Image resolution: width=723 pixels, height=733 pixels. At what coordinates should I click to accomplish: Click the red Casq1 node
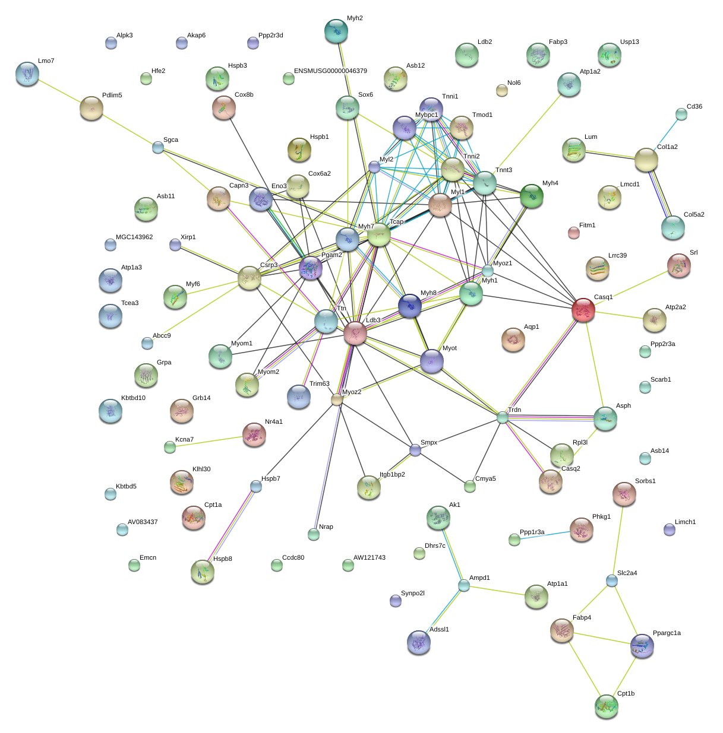(x=583, y=310)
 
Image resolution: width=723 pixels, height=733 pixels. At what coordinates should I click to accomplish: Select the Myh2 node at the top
(x=336, y=31)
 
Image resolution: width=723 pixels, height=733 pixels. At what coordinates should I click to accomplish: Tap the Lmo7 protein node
(x=27, y=74)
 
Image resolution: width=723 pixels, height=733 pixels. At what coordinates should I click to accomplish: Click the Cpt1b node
(x=607, y=706)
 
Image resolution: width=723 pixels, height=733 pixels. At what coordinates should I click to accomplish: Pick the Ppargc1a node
(x=642, y=646)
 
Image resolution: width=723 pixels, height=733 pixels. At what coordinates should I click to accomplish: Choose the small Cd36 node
(x=681, y=115)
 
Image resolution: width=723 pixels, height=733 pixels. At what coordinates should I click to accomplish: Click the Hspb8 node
(x=203, y=572)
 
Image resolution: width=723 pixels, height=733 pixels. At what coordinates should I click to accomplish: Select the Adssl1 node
(x=419, y=642)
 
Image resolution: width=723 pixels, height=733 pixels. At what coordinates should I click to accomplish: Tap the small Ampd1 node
(x=464, y=586)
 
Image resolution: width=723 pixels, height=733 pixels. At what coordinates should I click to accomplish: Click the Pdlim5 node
(x=91, y=108)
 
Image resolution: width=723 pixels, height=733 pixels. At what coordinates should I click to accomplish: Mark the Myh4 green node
(x=532, y=196)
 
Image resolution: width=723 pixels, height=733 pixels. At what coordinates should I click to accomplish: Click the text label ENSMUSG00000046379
(x=330, y=71)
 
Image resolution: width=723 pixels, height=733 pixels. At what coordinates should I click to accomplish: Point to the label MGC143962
(x=134, y=237)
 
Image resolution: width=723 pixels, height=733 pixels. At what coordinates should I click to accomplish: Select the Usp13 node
(x=609, y=55)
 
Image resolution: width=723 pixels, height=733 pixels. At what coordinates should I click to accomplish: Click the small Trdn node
(x=503, y=417)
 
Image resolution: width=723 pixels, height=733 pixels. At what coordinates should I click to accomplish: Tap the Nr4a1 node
(x=254, y=434)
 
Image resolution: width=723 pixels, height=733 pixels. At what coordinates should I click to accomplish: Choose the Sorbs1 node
(x=624, y=494)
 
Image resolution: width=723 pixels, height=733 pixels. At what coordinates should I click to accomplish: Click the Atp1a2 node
(x=569, y=84)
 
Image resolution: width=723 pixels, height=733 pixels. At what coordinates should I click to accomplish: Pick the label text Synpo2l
(x=413, y=594)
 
